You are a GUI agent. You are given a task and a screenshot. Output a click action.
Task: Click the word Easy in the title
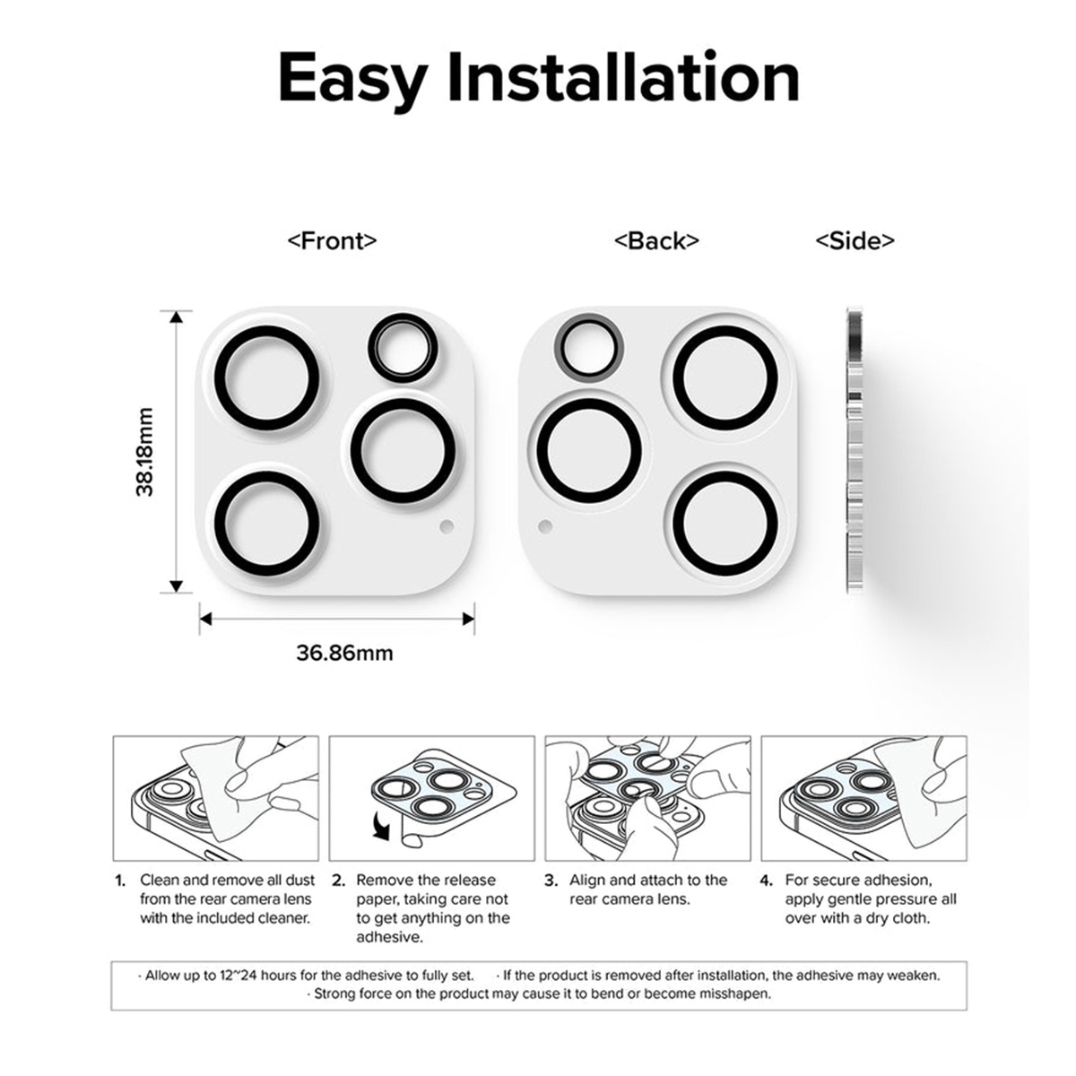pos(353,80)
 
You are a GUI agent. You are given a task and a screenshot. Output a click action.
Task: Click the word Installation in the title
pos(623,76)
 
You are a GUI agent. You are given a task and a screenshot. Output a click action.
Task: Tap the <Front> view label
pos(333,240)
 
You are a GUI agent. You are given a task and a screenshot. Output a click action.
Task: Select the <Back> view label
pos(656,240)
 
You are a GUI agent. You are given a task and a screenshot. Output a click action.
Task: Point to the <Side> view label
pos(855,240)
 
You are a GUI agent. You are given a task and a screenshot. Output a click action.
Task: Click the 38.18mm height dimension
pos(144,452)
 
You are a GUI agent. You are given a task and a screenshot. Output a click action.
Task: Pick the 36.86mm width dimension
pos(344,653)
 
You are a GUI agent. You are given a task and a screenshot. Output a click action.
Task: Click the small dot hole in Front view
pos(447,526)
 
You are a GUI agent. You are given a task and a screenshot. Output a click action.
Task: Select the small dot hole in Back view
pos(545,526)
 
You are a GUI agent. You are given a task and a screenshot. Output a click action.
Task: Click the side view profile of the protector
pos(855,450)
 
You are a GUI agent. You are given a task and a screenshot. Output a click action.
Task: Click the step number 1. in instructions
pos(121,881)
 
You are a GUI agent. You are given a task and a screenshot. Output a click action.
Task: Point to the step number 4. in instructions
pos(766,881)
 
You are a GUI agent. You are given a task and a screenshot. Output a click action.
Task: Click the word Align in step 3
pos(587,881)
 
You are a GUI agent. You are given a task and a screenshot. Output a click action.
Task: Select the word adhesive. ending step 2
pos(390,938)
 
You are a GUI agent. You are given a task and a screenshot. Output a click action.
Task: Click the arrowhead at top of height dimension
pos(176,317)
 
